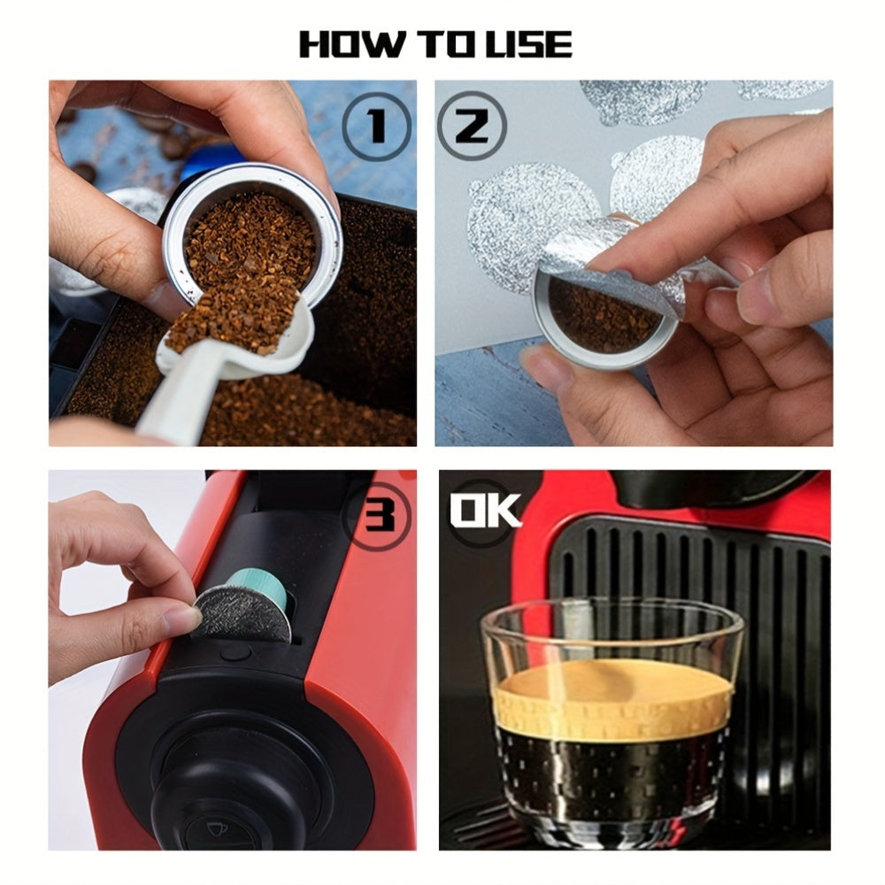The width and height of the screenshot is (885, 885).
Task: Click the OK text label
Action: pyautogui.click(x=486, y=511)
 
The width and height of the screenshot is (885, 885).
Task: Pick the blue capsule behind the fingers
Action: pyautogui.click(x=212, y=159)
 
